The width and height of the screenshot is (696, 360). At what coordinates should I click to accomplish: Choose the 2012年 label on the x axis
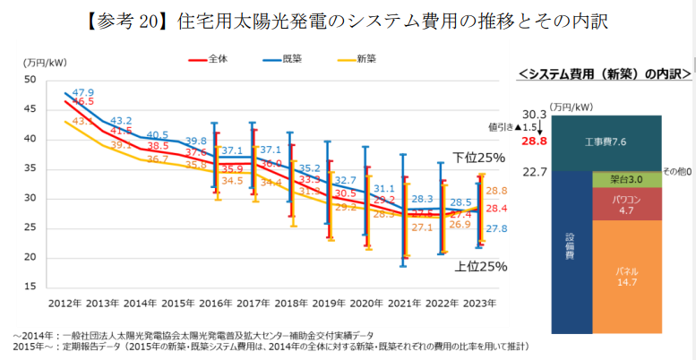[65, 304]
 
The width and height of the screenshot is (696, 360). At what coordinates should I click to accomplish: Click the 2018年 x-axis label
[291, 304]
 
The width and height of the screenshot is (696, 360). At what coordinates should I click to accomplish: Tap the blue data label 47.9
[83, 92]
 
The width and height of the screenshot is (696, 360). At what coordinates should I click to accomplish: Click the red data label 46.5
[83, 103]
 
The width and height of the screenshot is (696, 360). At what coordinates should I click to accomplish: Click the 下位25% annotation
[478, 157]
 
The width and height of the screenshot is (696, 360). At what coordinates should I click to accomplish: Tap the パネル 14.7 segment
[626, 275]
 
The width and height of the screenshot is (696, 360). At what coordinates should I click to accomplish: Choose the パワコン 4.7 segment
[626, 203]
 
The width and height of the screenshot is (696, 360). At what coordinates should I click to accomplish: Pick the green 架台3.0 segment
[626, 179]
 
